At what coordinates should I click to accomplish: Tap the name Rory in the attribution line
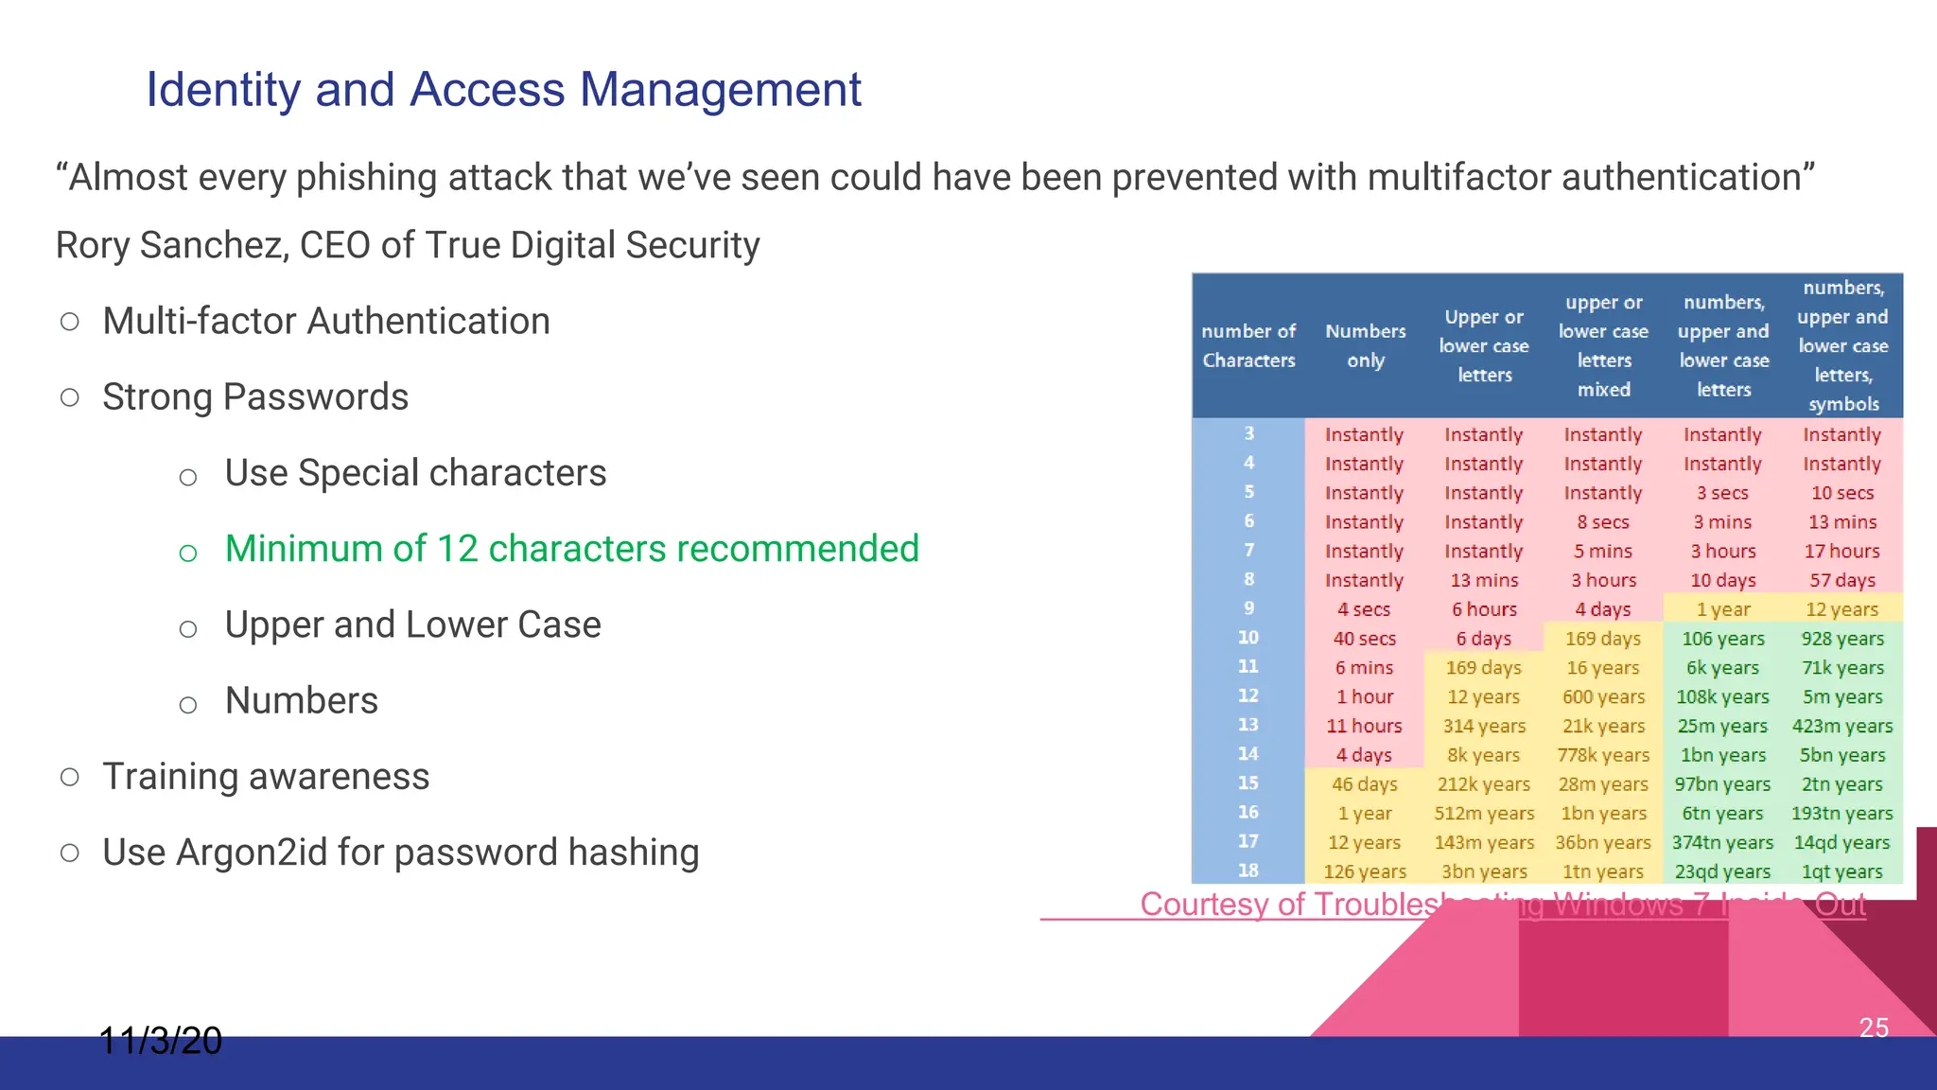(x=92, y=246)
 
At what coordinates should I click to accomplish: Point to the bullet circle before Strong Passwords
(x=69, y=397)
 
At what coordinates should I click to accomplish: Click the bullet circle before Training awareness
(x=69, y=777)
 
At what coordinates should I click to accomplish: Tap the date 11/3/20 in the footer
(x=161, y=1041)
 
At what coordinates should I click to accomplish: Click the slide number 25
(x=1874, y=1028)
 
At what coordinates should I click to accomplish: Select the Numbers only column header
(x=1365, y=345)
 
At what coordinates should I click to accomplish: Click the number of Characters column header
(x=1248, y=345)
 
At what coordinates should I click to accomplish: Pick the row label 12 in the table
(x=1248, y=695)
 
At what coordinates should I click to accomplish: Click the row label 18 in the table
(x=1248, y=870)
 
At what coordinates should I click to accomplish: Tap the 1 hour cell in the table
(x=1365, y=697)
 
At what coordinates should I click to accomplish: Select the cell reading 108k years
(x=1722, y=697)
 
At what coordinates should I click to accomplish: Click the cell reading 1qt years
(x=1841, y=872)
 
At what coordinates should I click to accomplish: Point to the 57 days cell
(x=1841, y=581)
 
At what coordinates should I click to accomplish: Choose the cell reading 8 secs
(x=1603, y=522)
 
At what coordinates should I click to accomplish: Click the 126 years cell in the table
(x=1365, y=872)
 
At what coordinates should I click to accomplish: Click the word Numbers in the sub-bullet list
(x=301, y=701)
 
